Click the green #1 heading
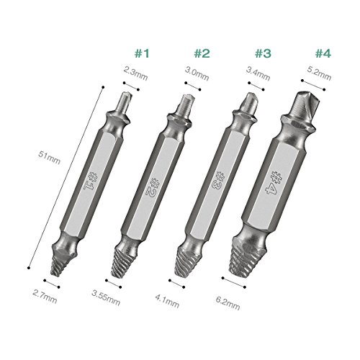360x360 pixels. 142,53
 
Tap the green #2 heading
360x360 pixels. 202,53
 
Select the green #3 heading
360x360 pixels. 263,53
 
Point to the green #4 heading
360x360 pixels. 323,53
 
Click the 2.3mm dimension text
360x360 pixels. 135,73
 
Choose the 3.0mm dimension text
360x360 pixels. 197,73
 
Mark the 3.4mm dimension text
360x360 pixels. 258,73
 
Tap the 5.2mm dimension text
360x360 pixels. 319,73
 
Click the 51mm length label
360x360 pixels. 49,157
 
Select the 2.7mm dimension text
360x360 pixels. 45,297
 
